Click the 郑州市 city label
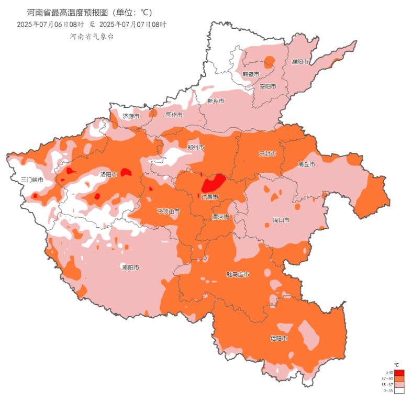(196, 148)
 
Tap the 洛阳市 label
(108, 174)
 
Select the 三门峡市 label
(32, 180)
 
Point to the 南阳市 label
(130, 268)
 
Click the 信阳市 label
(279, 338)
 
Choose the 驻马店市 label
(238, 274)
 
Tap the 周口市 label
(281, 220)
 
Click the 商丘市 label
(306, 164)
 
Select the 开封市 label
(268, 154)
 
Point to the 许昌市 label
(210, 197)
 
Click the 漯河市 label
(220, 217)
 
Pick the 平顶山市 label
(169, 211)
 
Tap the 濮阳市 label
(300, 62)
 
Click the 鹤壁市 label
(251, 74)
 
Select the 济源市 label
(131, 116)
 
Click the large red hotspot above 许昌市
(214, 183)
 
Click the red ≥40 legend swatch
(399, 372)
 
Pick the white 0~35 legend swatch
(399, 391)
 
